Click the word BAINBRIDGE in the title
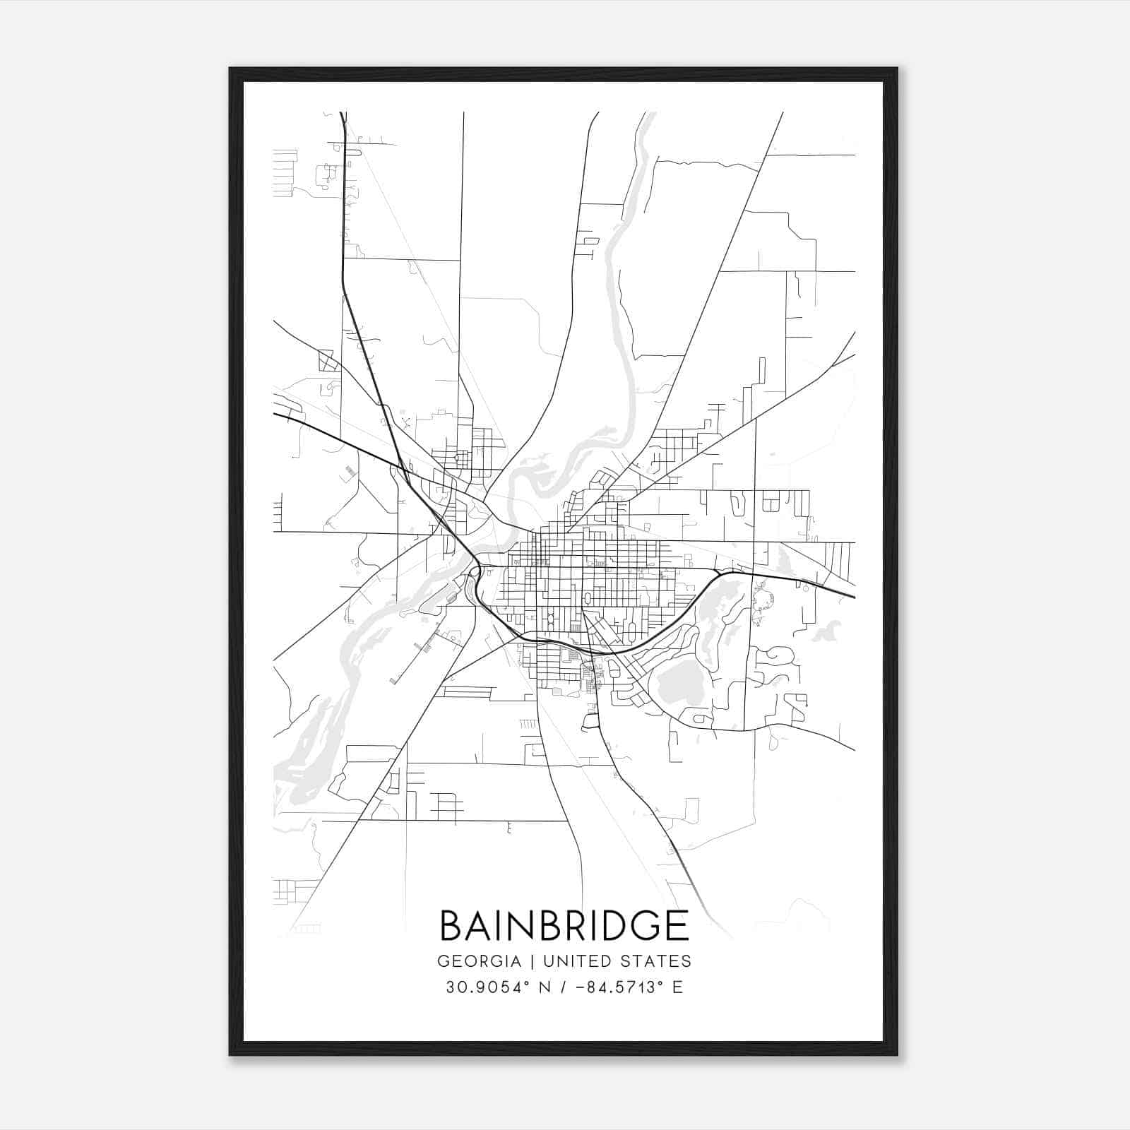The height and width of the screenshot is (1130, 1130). [x=564, y=925]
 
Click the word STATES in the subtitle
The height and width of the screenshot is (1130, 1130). [x=655, y=961]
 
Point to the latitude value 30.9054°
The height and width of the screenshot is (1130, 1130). [x=487, y=987]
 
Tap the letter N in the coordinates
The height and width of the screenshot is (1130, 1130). [x=545, y=987]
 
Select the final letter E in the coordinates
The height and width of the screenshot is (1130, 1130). [x=677, y=987]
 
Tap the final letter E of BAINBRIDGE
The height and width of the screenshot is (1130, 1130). [x=677, y=925]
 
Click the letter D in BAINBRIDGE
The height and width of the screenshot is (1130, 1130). [x=614, y=925]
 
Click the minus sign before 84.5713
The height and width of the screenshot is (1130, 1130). [x=580, y=987]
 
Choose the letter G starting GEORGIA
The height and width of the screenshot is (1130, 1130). [x=444, y=961]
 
